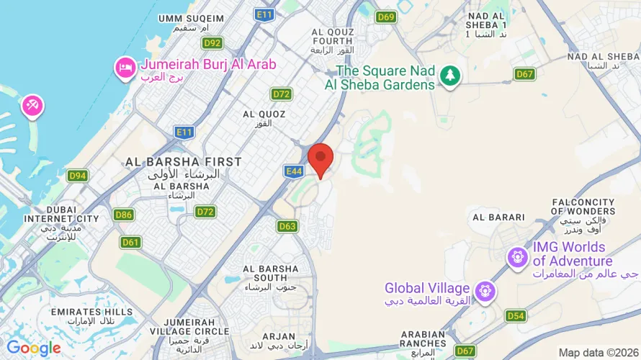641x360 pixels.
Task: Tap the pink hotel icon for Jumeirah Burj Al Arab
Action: click(125, 68)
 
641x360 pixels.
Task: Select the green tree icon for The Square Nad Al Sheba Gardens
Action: click(450, 75)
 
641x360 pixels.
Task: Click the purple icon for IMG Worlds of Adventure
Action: click(517, 256)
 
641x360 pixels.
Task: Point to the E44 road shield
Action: click(293, 171)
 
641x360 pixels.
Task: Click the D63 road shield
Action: click(287, 226)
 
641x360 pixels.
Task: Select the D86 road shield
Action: click(124, 215)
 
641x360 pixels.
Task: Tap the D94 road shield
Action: click(78, 176)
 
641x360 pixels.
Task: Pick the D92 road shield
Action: click(212, 42)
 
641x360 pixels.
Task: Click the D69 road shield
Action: click(386, 17)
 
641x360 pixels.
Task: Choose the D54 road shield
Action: click(515, 315)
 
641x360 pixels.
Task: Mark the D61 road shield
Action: click(131, 242)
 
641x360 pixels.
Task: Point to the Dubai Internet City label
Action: click(61, 217)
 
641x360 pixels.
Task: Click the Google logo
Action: click(34, 348)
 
